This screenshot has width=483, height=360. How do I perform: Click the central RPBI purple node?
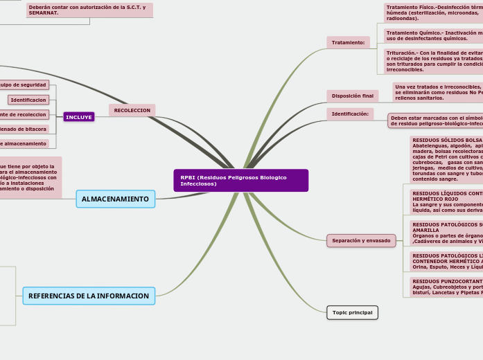pyautogui.click(x=240, y=180)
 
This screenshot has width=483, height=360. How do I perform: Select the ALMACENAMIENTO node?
pyautogui.click(x=115, y=199)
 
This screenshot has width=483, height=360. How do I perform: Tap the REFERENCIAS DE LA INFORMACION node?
pyautogui.click(x=89, y=296)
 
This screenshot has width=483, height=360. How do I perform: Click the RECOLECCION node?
pyautogui.click(x=132, y=110)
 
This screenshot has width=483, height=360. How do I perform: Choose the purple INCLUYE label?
pyautogui.click(x=78, y=117)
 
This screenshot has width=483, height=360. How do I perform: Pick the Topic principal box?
pyautogui.click(x=352, y=313)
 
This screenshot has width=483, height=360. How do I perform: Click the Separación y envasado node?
pyautogui.click(x=361, y=241)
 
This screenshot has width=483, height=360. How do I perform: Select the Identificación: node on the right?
pyautogui.click(x=350, y=114)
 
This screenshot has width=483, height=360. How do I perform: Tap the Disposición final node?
pyautogui.click(x=352, y=96)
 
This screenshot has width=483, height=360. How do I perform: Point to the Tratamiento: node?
pyautogui.click(x=348, y=43)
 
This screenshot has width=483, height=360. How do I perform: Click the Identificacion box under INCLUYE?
pyautogui.click(x=28, y=100)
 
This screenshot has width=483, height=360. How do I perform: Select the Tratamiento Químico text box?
pyautogui.click(x=433, y=35)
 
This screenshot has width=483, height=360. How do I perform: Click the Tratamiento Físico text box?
pyautogui.click(x=433, y=12)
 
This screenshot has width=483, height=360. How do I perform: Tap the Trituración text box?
pyautogui.click(x=433, y=61)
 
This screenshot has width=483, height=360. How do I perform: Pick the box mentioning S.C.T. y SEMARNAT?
pyautogui.click(x=89, y=10)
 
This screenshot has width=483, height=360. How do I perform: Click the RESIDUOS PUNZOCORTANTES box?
pyautogui.click(x=446, y=287)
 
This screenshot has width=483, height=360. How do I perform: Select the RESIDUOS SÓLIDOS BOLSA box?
pyautogui.click(x=446, y=159)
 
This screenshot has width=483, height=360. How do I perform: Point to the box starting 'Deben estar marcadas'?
pyautogui.click(x=435, y=121)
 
